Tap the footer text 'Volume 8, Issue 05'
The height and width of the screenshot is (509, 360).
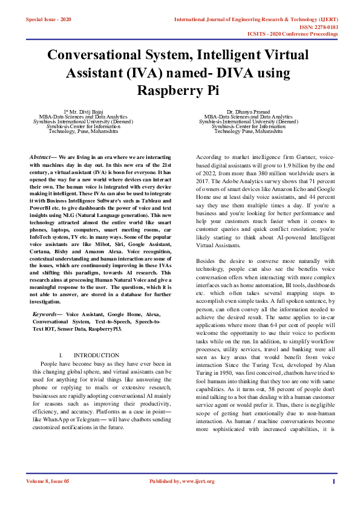48,481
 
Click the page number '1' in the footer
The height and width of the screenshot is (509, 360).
333,481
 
